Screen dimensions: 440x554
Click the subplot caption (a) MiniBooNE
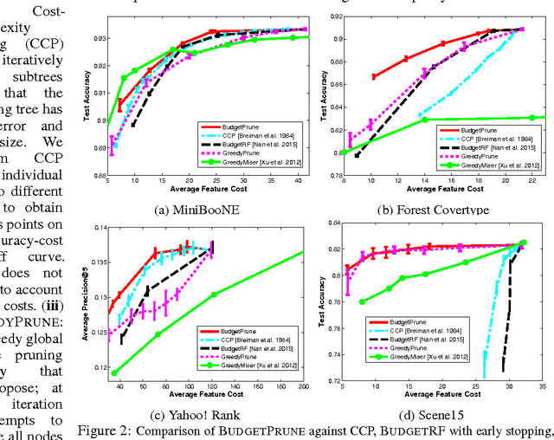coord(200,210)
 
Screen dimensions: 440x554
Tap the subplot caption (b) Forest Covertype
coord(441,210)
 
